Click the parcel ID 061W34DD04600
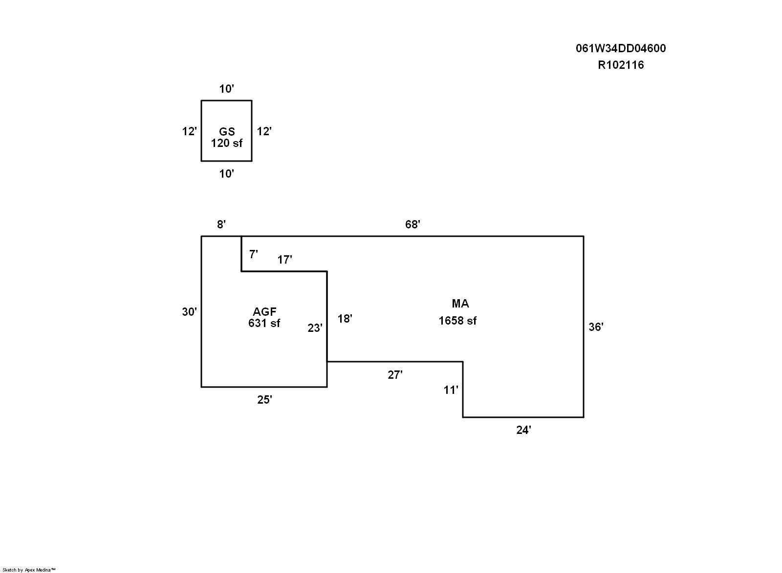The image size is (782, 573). [x=620, y=48]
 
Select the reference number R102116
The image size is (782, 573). [x=621, y=65]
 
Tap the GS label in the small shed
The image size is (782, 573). [x=227, y=132]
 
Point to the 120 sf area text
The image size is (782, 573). [x=227, y=143]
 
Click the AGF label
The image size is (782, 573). [x=264, y=312]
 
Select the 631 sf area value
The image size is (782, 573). [x=264, y=323]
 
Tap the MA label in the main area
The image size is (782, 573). [x=460, y=304]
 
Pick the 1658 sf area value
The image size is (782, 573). [x=457, y=321]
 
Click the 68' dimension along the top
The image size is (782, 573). [x=413, y=225]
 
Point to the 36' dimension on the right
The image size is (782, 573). [x=596, y=327]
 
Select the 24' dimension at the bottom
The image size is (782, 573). [x=523, y=430]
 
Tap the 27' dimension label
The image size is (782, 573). [x=395, y=375]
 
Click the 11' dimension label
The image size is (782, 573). [x=451, y=389]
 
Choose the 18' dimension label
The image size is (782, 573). [x=345, y=319]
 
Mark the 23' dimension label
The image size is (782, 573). [x=315, y=328]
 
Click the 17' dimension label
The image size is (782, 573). [x=284, y=260]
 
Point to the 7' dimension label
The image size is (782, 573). [x=253, y=254]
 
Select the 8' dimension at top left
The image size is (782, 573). [x=221, y=225]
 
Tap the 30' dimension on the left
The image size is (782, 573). [x=190, y=312]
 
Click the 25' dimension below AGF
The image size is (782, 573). [x=264, y=400]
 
